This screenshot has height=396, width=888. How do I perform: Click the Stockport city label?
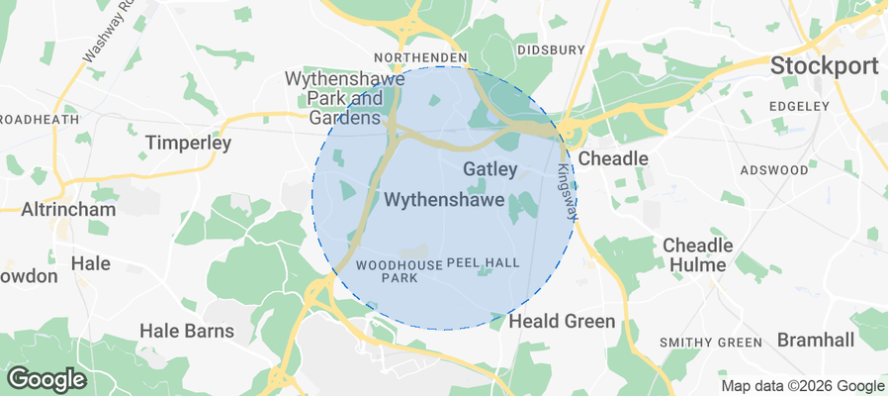point(824,66)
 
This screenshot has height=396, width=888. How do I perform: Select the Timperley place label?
point(188,144)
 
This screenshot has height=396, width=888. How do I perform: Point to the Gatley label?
point(489,169)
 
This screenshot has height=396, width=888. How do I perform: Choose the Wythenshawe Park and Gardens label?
point(333,98)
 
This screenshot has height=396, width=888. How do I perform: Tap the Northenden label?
point(419,58)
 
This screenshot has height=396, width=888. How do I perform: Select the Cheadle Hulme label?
point(697,254)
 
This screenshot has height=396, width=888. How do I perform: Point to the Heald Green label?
point(562,322)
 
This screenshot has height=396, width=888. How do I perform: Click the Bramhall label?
point(815,340)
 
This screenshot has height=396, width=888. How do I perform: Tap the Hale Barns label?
point(187,331)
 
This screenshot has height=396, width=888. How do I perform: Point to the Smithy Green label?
point(711,343)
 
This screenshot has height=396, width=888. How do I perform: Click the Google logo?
point(46,378)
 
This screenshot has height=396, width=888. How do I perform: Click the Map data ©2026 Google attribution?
point(802,386)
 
